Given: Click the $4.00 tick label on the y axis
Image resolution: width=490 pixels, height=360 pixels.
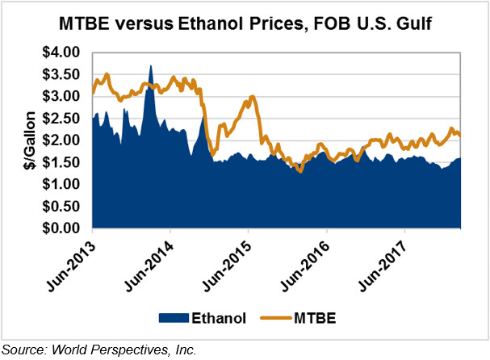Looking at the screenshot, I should (62, 52).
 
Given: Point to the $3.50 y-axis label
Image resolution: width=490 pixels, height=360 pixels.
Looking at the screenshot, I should (62, 74).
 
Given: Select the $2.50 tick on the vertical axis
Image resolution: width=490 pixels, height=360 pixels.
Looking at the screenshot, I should (62, 119).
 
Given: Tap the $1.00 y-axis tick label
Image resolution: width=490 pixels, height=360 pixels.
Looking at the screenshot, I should (62, 185).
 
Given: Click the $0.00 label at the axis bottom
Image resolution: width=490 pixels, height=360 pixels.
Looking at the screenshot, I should (62, 228).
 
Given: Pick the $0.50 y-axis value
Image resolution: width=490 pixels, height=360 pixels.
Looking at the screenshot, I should (62, 207).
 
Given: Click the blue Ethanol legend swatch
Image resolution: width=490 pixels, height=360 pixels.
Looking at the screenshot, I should (176, 318).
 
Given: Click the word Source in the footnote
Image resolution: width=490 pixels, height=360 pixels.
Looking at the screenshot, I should (22, 350).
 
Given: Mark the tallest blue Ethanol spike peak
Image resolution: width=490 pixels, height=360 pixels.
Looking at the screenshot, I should (151, 65).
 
